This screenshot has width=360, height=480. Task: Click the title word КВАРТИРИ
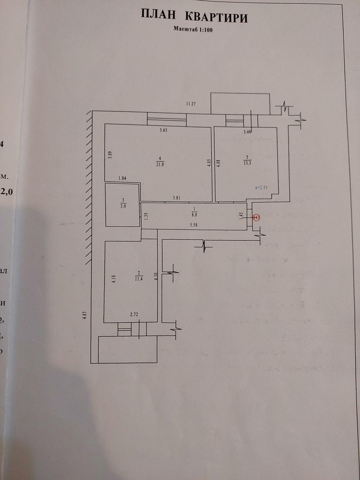click(216, 17)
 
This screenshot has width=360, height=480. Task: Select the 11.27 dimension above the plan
click(191, 104)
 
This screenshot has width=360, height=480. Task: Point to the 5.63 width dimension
click(163, 130)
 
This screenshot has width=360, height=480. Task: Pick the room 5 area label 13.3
click(247, 163)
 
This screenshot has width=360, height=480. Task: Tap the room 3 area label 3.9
click(123, 207)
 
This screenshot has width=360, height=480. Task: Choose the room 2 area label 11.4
click(138, 279)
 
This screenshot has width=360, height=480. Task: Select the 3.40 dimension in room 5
click(248, 132)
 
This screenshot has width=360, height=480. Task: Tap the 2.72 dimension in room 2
click(134, 314)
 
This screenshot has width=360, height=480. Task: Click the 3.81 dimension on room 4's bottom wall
click(177, 198)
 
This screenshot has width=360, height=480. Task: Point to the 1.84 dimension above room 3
click(122, 178)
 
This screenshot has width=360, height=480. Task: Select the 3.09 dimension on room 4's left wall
click(109, 154)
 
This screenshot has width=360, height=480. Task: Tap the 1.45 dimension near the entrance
click(241, 215)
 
